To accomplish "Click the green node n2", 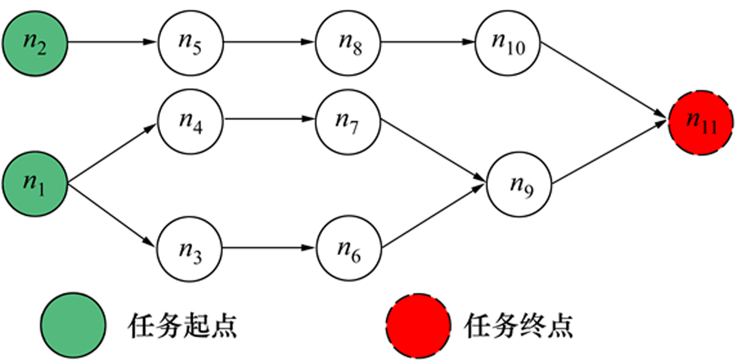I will pos(35,43).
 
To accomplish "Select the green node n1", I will pos(35,183).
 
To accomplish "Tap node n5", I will pos(191,43).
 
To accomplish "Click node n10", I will pos(508,43).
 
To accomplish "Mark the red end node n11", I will pos(701,123).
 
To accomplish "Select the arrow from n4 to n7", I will pos(269,119).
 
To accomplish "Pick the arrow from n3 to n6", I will pos(269,249).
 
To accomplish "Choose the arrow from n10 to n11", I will pos(605,83).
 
